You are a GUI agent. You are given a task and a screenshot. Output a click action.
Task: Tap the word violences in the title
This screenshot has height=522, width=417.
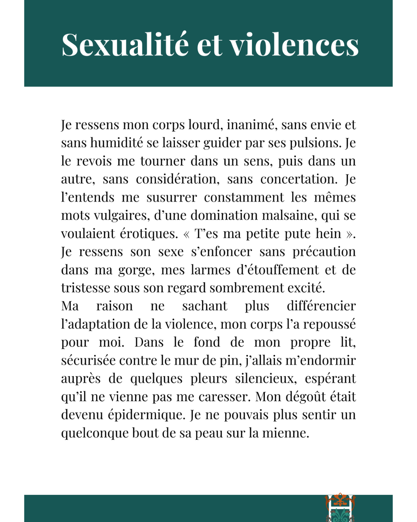point(294,45)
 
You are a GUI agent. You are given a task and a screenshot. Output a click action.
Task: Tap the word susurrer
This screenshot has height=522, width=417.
point(171,197)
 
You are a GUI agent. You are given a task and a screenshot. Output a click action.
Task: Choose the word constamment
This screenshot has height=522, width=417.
point(244,197)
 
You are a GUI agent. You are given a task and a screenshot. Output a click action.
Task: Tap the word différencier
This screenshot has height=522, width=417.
point(321,306)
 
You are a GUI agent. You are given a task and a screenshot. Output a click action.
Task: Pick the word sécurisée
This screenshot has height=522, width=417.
point(88,360)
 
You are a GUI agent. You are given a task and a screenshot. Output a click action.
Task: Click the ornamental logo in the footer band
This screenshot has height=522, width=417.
point(340,507)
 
